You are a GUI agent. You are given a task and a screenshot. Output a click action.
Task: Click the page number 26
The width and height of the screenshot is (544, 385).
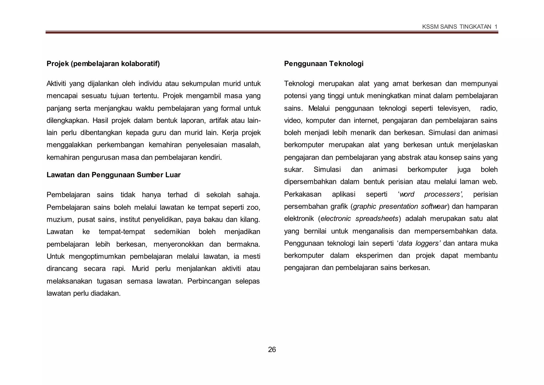272,349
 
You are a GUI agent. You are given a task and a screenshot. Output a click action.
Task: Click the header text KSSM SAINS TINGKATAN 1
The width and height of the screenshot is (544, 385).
460,27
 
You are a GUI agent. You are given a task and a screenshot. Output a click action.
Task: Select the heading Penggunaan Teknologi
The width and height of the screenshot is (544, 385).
324,64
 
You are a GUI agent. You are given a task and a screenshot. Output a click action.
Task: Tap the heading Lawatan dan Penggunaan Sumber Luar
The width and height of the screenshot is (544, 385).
113,175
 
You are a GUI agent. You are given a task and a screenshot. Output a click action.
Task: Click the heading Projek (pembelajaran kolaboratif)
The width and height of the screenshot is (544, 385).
103,64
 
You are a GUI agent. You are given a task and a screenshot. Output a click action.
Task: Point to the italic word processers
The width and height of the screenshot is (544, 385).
442,194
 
